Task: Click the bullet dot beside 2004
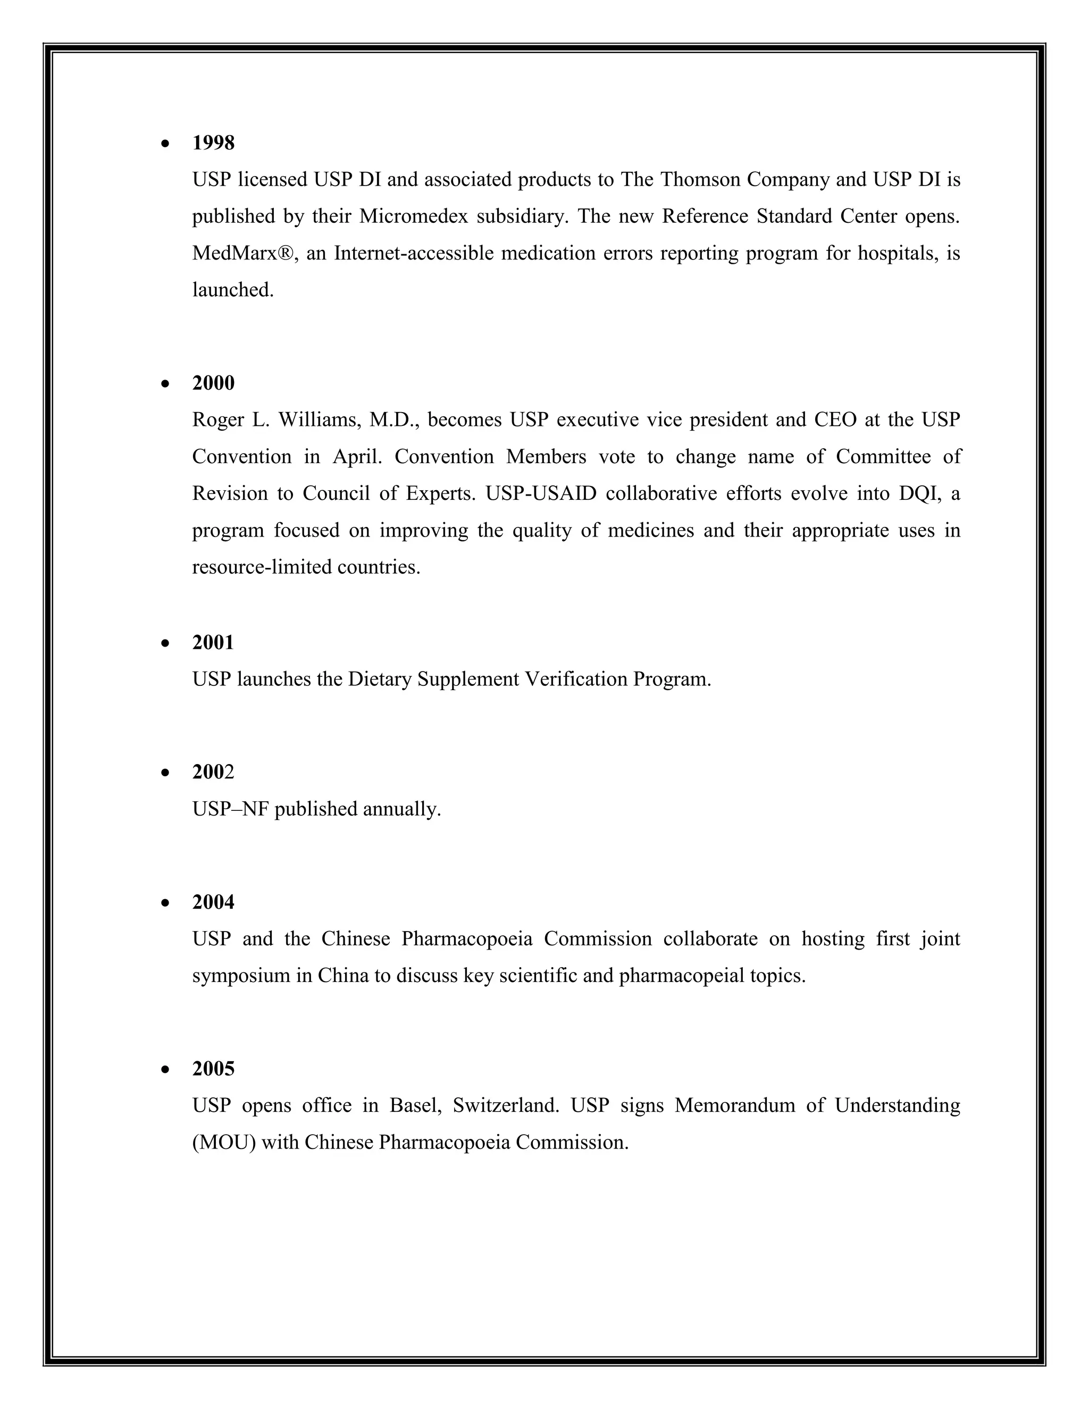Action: [x=166, y=903]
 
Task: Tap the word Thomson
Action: [x=700, y=179]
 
